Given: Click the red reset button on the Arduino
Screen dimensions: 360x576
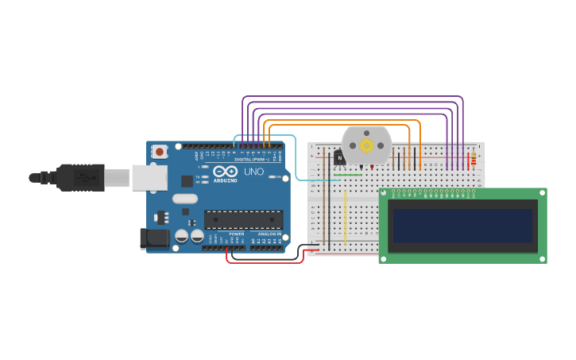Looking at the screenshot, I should pos(160,151).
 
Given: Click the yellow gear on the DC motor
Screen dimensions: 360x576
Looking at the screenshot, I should pos(366,145).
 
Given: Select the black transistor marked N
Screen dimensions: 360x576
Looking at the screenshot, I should pos(339,157).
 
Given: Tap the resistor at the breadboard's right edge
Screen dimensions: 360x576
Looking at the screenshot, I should pos(474,161).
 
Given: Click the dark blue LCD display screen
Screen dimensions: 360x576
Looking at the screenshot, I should pos(462,226).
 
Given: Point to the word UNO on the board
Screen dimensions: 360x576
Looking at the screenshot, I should pos(253,172).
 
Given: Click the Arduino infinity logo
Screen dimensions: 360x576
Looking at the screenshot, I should pos(226,171).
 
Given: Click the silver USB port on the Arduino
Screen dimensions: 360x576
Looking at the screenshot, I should pos(149,178).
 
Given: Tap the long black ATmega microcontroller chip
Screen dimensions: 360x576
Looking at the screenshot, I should pos(243,220).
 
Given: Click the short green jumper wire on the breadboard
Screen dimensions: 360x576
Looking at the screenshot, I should pos(348,175).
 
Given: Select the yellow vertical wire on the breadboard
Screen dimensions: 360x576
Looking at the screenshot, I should pos(345,217).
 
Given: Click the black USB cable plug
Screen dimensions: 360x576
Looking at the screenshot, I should pos(79,177).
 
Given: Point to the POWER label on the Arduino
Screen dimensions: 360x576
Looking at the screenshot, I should pos(237,234).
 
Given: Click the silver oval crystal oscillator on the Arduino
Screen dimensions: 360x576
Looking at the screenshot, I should pos(184,199).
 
